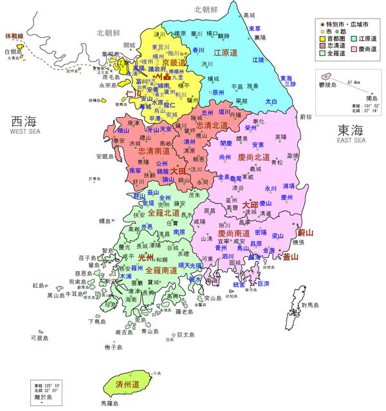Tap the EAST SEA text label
tap(350, 139)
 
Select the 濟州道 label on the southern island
tap(127, 384)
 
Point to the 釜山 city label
tap(291, 256)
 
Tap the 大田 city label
tap(177, 171)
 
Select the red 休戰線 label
tap(14, 36)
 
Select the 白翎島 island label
tap(12, 51)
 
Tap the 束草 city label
tap(254, 29)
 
